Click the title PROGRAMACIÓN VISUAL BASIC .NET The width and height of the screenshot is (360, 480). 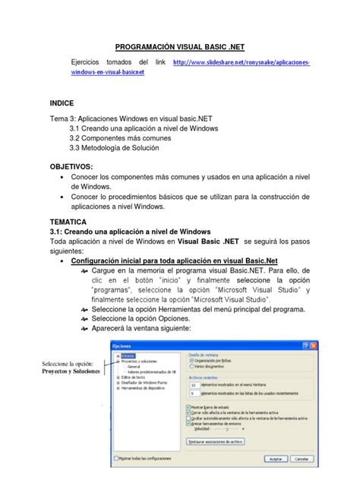tap(180, 46)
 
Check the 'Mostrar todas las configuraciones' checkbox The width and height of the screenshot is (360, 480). tap(115, 458)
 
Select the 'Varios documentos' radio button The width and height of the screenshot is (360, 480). tap(191, 367)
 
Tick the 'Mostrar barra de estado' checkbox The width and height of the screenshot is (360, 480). tap(188, 406)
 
